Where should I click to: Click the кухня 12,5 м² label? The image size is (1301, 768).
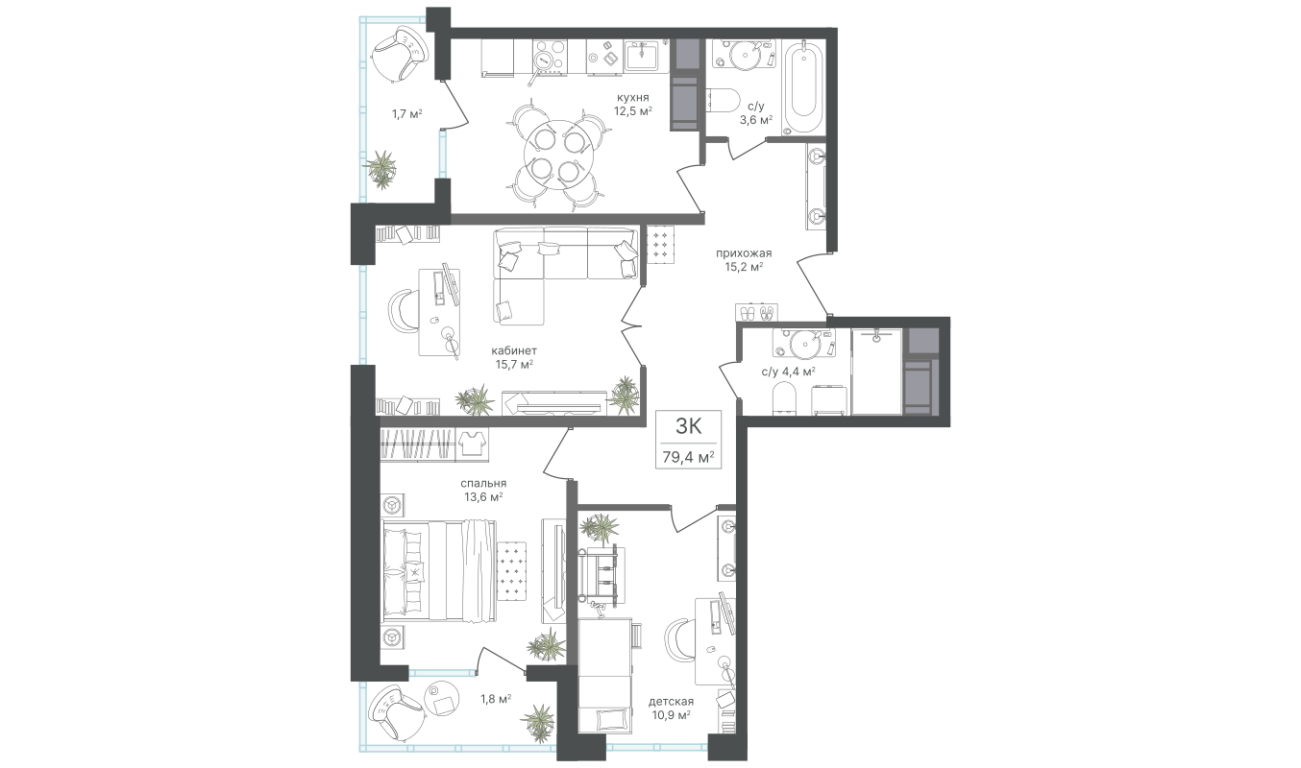click(x=633, y=104)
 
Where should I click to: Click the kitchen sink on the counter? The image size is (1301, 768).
click(x=641, y=57)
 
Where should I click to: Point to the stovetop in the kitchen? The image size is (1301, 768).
click(x=550, y=57)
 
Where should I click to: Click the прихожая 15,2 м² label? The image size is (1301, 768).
click(x=744, y=259)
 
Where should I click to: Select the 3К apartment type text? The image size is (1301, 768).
click(x=689, y=426)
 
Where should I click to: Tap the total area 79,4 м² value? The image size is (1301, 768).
click(x=688, y=457)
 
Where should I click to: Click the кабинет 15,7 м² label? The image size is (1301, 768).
click(x=514, y=357)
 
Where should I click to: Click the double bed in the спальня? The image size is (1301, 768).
click(x=438, y=570)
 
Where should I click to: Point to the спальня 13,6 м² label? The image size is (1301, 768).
click(x=483, y=490)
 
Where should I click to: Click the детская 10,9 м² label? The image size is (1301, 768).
click(x=671, y=708)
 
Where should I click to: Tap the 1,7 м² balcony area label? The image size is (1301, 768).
click(x=407, y=114)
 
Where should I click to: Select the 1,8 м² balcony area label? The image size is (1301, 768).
click(x=496, y=698)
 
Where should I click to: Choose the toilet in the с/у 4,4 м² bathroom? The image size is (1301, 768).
click(x=784, y=397)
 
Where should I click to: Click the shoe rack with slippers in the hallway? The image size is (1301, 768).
click(x=756, y=312)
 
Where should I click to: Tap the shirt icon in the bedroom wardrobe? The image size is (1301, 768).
click(x=472, y=444)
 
